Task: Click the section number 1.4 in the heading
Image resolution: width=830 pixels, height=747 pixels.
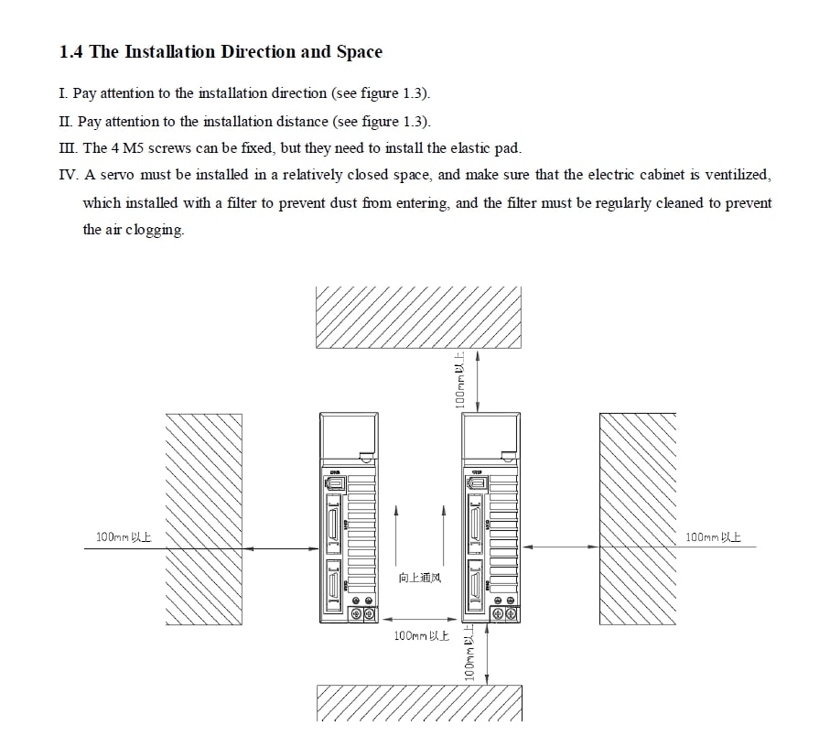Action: coord(72,52)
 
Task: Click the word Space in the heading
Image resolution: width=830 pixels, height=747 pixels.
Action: coord(360,52)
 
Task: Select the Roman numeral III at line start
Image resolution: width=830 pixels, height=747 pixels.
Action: coord(69,148)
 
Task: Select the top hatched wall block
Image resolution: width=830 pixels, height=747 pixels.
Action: coord(418,317)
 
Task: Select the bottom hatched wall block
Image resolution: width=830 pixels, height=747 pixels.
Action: coord(418,703)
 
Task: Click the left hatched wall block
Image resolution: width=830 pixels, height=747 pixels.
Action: coord(203,519)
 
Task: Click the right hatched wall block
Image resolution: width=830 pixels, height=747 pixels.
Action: coord(637,519)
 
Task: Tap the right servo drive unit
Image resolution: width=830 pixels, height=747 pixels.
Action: coord(491,518)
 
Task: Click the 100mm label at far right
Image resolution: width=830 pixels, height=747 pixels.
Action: coord(713,537)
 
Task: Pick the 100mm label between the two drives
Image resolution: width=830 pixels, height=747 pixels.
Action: coord(421,636)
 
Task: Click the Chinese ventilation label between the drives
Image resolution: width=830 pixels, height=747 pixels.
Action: coord(419,579)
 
